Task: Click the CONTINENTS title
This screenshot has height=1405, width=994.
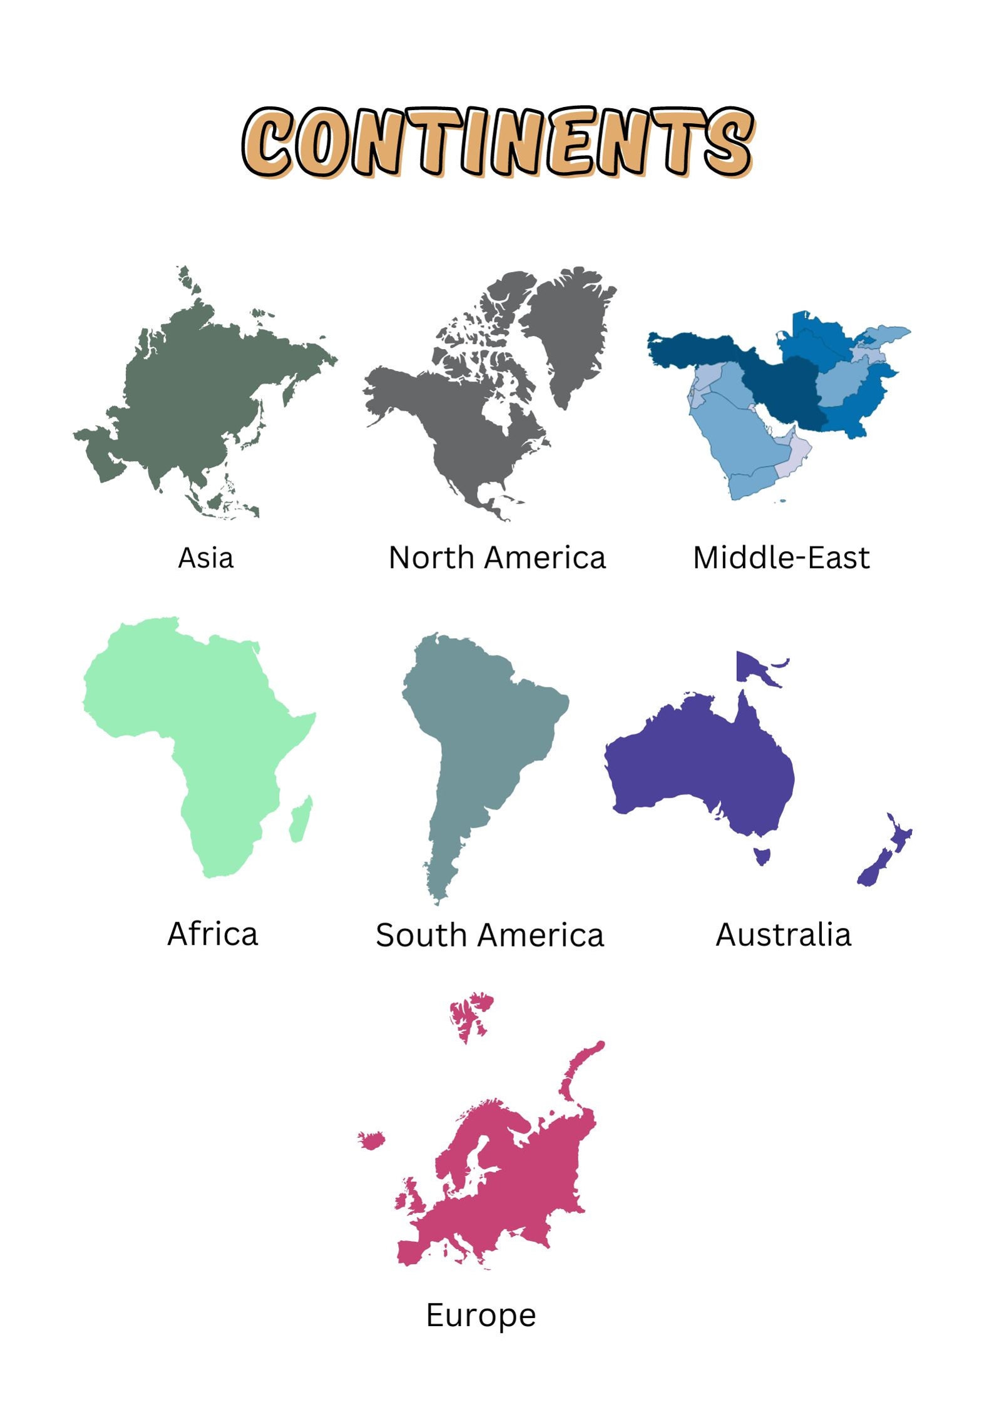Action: (498, 142)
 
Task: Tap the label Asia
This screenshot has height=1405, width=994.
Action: (205, 557)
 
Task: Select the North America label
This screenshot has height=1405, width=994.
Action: (497, 557)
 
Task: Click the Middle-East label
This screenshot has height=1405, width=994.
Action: (781, 557)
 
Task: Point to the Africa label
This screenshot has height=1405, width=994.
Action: (212, 934)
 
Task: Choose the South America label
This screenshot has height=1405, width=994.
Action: (489, 935)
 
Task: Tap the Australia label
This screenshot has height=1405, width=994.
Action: (783, 935)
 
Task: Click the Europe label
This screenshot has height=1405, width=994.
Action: (481, 1314)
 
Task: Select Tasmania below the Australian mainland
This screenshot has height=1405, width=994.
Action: (762, 855)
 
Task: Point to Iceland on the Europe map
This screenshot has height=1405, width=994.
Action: (372, 1140)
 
